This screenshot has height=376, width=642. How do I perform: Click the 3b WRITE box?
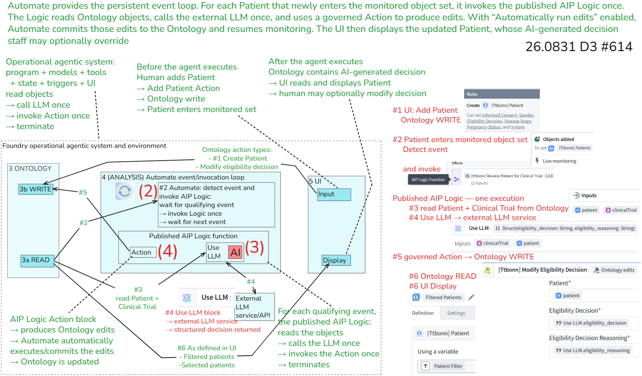(x=36, y=189)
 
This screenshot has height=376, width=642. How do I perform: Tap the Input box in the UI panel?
(x=334, y=194)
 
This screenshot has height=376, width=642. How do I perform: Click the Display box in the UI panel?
(x=336, y=260)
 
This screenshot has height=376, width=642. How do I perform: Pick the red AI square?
(x=235, y=252)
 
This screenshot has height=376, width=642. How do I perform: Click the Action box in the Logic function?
(x=143, y=252)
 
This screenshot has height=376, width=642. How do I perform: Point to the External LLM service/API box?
(x=255, y=307)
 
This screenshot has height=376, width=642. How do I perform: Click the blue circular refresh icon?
(x=124, y=191)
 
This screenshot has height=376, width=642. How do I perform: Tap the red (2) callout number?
(x=148, y=191)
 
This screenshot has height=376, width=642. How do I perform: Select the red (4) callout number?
(x=167, y=251)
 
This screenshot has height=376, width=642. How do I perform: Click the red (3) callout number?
(x=255, y=247)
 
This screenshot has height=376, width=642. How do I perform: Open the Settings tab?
(x=456, y=313)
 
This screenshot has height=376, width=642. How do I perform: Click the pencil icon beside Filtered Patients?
(x=471, y=297)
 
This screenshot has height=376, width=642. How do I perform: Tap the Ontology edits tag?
(x=614, y=270)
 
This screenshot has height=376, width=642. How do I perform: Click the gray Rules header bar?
(x=502, y=94)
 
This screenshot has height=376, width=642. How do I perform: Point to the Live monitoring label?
(x=559, y=161)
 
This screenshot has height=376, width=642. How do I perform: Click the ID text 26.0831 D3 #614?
(x=579, y=46)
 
